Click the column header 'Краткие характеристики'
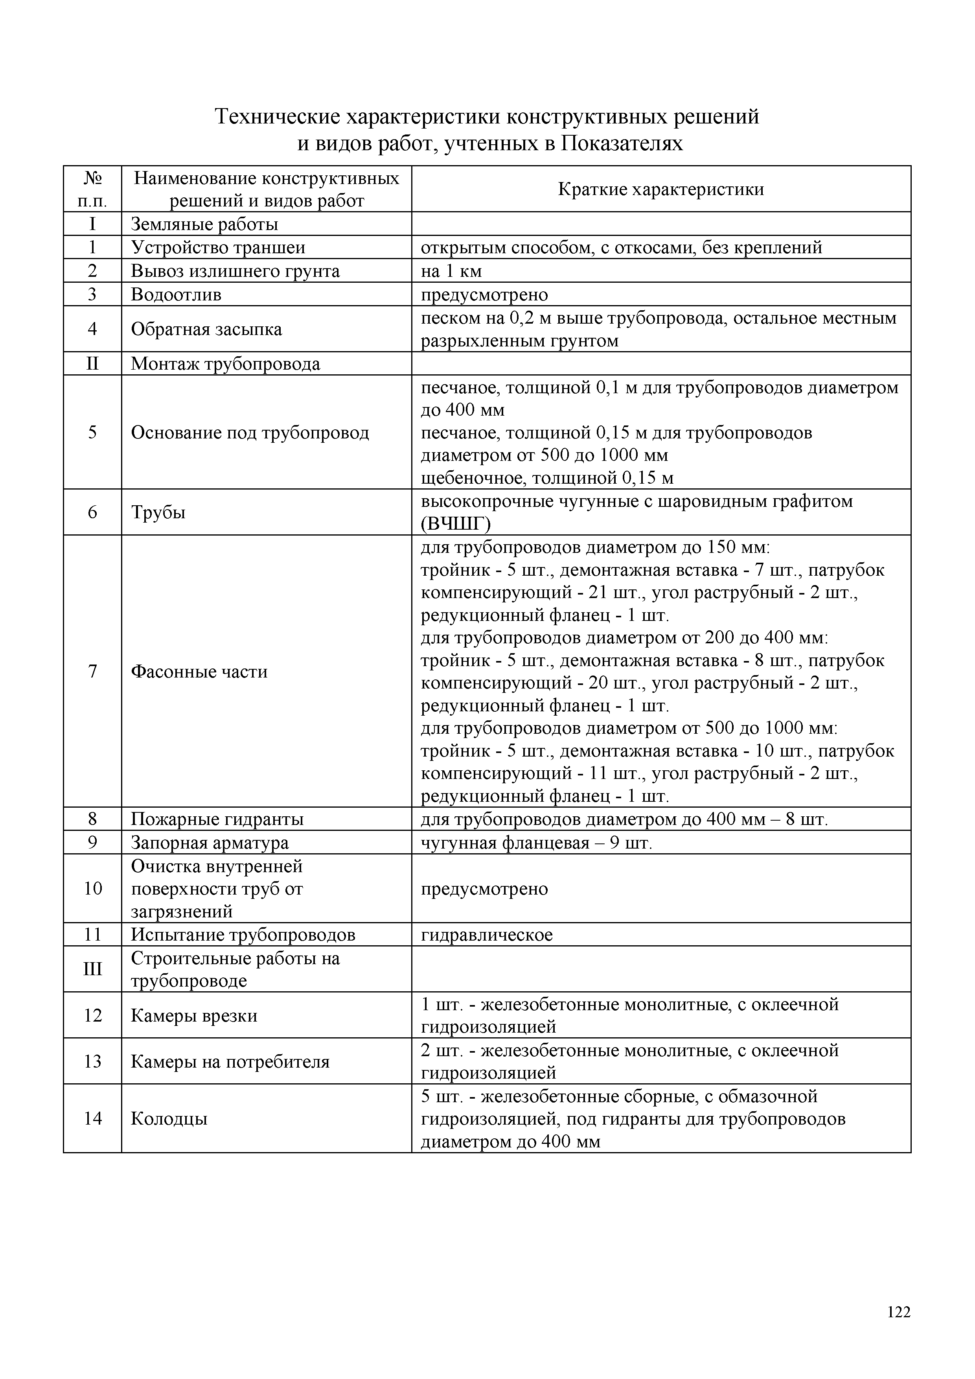[x=660, y=189]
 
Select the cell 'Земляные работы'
[x=204, y=224]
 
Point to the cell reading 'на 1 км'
[x=451, y=271]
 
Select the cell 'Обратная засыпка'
[x=206, y=329]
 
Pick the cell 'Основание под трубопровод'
[x=250, y=433]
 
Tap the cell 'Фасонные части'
[x=199, y=672]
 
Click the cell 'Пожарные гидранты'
[x=217, y=819]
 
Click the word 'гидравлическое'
[x=486, y=935]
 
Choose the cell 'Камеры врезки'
[x=194, y=1016]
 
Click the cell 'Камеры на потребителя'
[x=230, y=1062]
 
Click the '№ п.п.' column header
[x=92, y=189]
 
